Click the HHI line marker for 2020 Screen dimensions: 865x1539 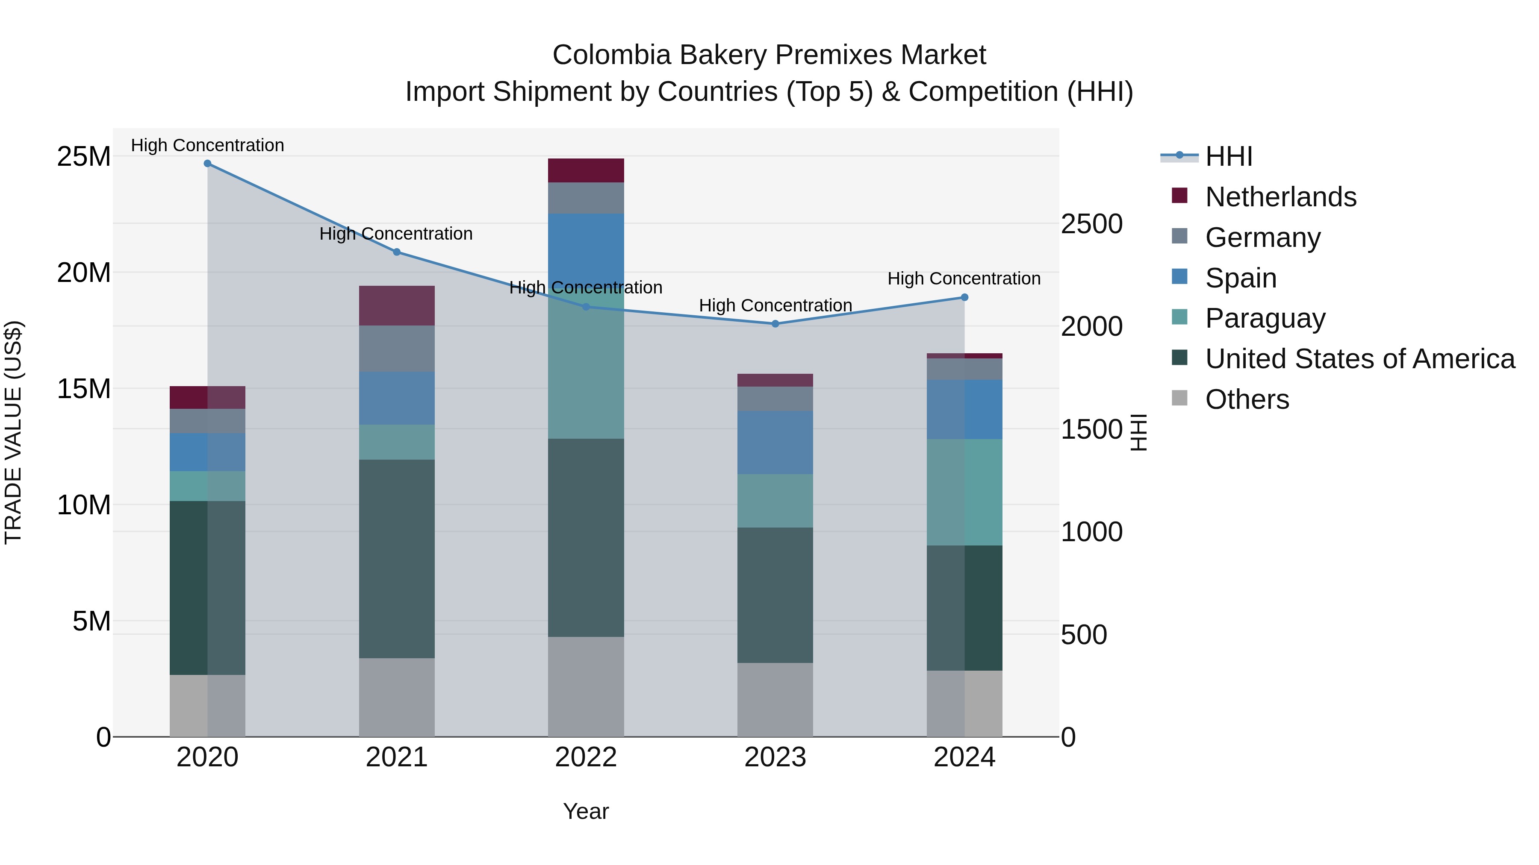click(x=207, y=164)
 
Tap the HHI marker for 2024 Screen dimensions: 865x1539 click(x=964, y=297)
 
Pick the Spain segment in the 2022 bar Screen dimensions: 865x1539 click(x=586, y=251)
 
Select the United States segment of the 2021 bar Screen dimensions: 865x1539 click(x=396, y=558)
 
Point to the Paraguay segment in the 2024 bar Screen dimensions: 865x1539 click(x=964, y=492)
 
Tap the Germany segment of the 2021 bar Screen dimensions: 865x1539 click(x=396, y=349)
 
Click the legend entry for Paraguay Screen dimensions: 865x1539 click(x=1265, y=318)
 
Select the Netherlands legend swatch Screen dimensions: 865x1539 click(x=1179, y=196)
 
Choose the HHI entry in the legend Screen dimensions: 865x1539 click(x=1228, y=156)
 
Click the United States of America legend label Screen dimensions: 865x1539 click(x=1360, y=359)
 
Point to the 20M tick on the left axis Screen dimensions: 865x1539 click(x=84, y=273)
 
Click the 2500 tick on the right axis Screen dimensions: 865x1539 click(x=1091, y=224)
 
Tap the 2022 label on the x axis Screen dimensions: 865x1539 click(x=586, y=757)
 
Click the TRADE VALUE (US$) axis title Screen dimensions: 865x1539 click(x=13, y=432)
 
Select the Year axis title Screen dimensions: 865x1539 click(x=586, y=811)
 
